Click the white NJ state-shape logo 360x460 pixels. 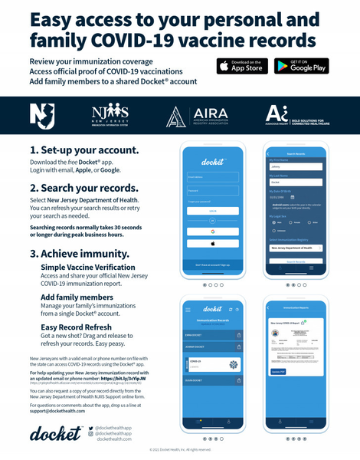point(42,115)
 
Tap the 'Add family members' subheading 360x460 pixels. point(77,297)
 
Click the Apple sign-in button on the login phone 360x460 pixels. point(214,243)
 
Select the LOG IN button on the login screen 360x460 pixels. point(214,211)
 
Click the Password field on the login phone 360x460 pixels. point(214,191)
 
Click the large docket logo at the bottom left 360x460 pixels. point(56,433)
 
